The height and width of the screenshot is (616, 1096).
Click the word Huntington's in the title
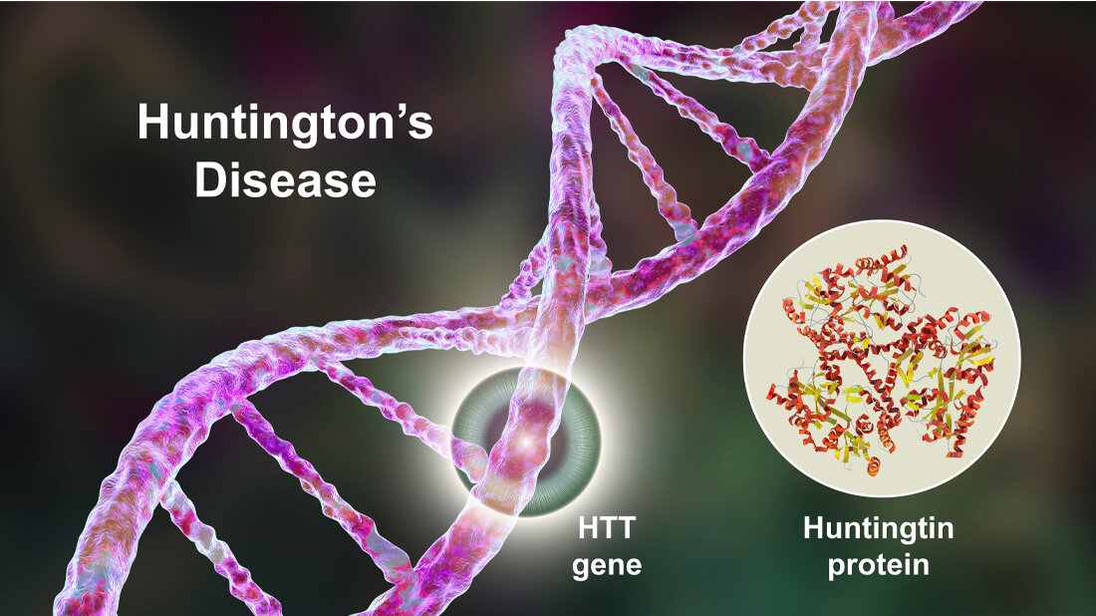point(285,122)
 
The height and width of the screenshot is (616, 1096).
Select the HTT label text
point(607,528)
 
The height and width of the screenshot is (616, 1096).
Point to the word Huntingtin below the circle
point(879,528)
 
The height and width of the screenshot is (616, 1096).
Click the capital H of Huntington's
point(153,123)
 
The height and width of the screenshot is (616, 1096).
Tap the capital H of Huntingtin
point(815,528)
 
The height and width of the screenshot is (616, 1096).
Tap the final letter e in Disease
point(364,184)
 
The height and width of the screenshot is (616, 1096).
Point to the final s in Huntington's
point(420,128)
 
